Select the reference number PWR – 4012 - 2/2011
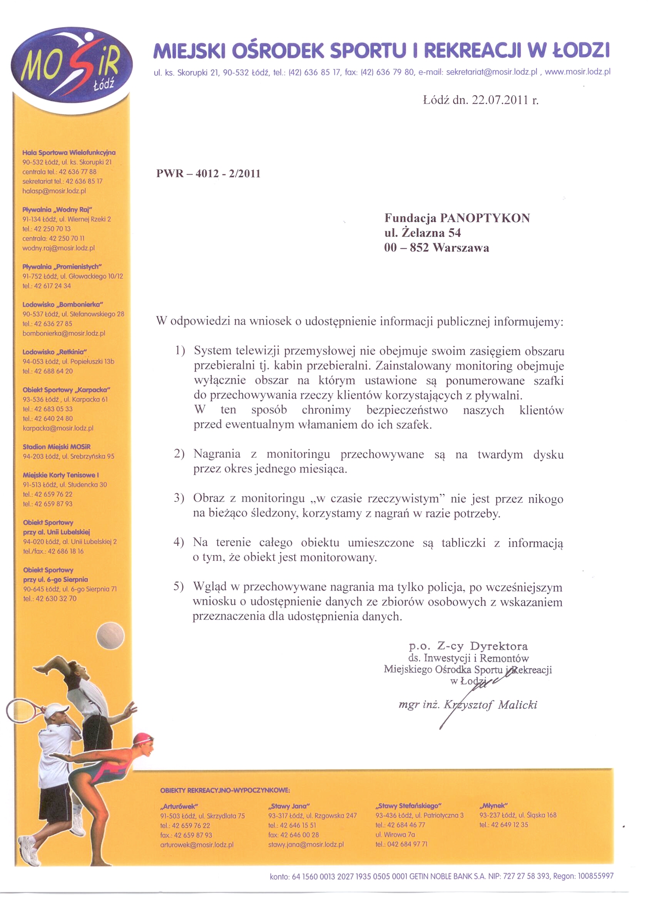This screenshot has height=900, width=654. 208,174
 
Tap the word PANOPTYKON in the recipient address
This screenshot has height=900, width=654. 485,218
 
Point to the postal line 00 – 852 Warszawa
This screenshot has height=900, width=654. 436,248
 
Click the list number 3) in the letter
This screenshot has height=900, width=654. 179,498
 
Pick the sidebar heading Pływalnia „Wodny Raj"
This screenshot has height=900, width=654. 57,210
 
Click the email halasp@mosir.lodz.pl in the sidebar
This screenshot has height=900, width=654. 54,191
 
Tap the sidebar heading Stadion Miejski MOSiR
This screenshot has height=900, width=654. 56,447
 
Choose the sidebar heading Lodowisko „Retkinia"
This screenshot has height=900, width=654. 55,352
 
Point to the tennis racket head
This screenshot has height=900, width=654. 22,710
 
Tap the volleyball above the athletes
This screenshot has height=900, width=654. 110,636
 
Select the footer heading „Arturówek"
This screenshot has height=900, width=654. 179,806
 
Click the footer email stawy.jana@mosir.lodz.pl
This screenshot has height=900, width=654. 306,845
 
